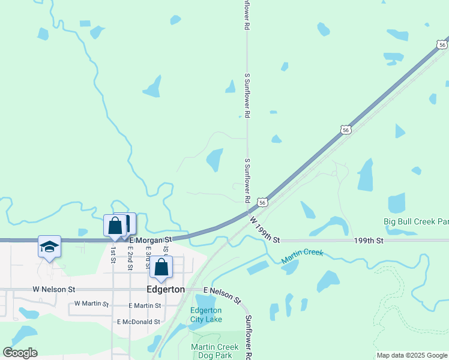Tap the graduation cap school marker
pyautogui.click(x=49, y=247)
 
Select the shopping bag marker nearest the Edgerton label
pyautogui.click(x=161, y=267)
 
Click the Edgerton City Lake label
pyautogui.click(x=206, y=314)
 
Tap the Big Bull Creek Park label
pyautogui.click(x=416, y=221)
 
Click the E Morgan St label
pyautogui.click(x=151, y=239)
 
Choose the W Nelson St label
pyautogui.click(x=54, y=289)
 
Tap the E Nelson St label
pyautogui.click(x=221, y=295)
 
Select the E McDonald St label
pyautogui.click(x=139, y=322)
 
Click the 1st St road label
pyautogui.click(x=112, y=255)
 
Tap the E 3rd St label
pyautogui.click(x=147, y=257)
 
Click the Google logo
pyautogui.click(x=20, y=353)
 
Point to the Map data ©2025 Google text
pyautogui.click(x=412, y=355)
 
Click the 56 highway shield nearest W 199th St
pyautogui.click(x=262, y=202)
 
